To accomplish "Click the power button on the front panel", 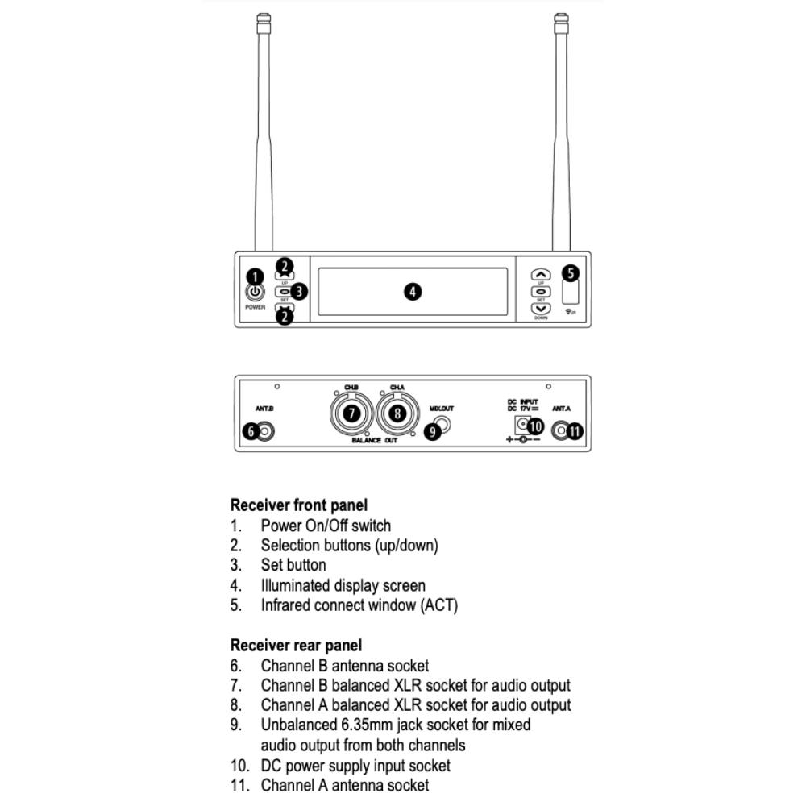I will (255, 293).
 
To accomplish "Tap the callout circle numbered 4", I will (413, 292).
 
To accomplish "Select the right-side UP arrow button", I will (541, 275).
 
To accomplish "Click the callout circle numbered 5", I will (571, 273).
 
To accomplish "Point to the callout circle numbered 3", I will (299, 292).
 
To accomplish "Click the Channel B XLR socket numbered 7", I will (352, 413).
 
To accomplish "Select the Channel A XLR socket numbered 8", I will (397, 413).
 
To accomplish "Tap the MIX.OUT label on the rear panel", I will (442, 409).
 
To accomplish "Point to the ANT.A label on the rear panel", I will (561, 409).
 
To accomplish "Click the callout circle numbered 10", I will (535, 426).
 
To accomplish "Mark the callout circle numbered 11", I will (575, 431).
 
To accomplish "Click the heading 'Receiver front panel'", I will (298, 505).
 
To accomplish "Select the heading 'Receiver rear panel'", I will (296, 646).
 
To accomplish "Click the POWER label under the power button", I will (255, 307).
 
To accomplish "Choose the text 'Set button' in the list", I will (293, 565).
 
